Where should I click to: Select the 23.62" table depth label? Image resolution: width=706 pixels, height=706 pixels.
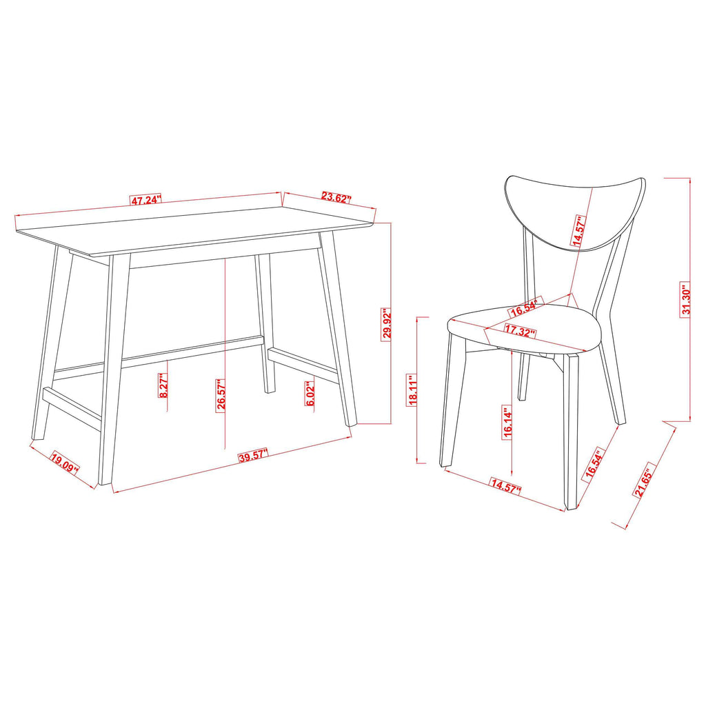[x=336, y=197]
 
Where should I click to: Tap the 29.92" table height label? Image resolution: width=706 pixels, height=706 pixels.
[x=387, y=323]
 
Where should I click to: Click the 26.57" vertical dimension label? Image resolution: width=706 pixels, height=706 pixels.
[x=221, y=394]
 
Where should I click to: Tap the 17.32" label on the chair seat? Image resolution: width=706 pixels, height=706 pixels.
[x=521, y=332]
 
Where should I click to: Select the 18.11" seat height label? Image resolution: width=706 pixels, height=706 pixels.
[x=413, y=392]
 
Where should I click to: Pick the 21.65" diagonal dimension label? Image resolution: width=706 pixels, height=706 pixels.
[x=643, y=481]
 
